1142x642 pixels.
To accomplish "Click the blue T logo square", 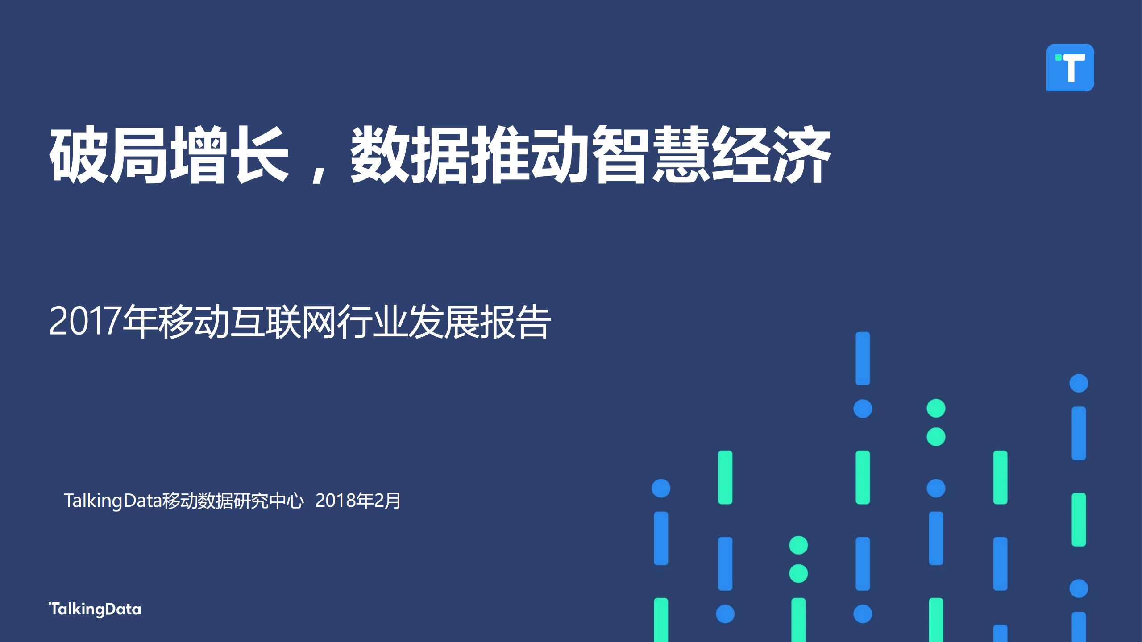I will (x=1070, y=67).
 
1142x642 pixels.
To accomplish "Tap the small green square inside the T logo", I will (x=1058, y=58).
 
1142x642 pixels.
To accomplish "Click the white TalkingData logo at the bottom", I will (x=95, y=609).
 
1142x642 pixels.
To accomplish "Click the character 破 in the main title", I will (x=79, y=154).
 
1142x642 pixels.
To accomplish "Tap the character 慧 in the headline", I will (x=681, y=154).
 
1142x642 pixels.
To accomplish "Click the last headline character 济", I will (x=801, y=154).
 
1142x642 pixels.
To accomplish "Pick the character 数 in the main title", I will (x=380, y=154).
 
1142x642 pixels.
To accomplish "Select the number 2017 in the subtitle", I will (x=85, y=321).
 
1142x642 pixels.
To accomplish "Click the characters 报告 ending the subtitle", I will (x=516, y=321).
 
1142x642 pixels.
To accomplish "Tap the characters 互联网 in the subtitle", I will (x=284, y=321).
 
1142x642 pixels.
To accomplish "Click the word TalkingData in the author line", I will (x=112, y=501).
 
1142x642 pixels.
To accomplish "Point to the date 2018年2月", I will (x=358, y=501).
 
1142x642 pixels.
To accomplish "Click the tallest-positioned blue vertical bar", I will (x=863, y=358).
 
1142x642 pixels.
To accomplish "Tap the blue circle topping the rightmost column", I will (x=1079, y=383).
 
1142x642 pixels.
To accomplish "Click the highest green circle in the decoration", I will (x=936, y=408).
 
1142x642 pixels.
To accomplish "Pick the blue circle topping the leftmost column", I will (x=661, y=488).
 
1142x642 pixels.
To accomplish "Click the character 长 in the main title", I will (x=262, y=154).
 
